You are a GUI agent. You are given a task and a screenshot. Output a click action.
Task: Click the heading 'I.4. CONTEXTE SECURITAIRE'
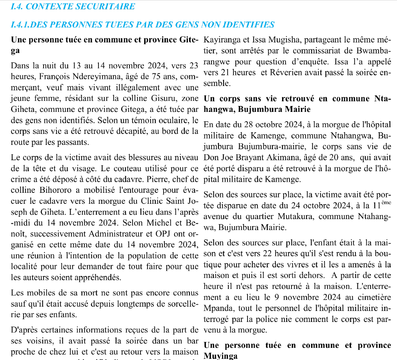pos(73,6)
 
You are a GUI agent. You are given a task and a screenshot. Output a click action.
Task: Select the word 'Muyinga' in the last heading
pos(220,356)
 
